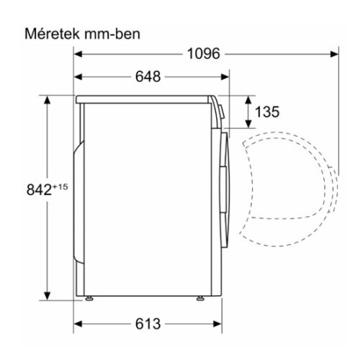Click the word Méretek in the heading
point(50,34)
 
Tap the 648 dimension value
point(148,76)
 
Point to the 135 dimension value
point(266,112)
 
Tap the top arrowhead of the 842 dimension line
point(48,101)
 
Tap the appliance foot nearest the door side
point(199,297)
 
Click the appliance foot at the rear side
point(89,297)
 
